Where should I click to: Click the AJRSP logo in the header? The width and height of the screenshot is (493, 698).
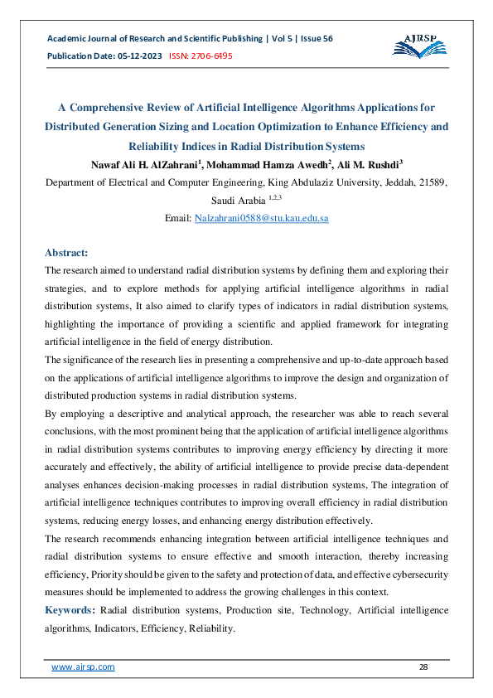pos(421,46)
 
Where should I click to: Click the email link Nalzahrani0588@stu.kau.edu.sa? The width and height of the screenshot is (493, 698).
pos(261,218)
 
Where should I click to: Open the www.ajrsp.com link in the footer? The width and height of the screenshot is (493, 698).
pos(83,666)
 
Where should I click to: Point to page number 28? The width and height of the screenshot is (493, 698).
pos(424,666)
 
